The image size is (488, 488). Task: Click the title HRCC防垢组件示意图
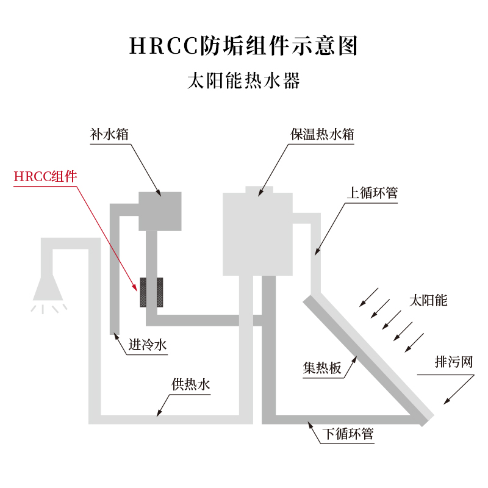pyautogui.click(x=243, y=46)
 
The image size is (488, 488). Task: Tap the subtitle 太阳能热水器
pyautogui.click(x=243, y=81)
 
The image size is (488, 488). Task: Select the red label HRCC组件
pyautogui.click(x=46, y=177)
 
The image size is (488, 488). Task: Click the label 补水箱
pyautogui.click(x=109, y=134)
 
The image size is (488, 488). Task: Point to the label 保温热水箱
pyautogui.click(x=321, y=134)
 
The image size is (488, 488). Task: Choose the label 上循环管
pyautogui.click(x=371, y=193)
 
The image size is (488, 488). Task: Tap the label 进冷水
pyautogui.click(x=147, y=346)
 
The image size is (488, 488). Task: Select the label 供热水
pyautogui.click(x=190, y=385)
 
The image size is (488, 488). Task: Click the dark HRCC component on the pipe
pyautogui.click(x=152, y=292)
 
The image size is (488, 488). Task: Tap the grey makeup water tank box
pyautogui.click(x=160, y=211)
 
